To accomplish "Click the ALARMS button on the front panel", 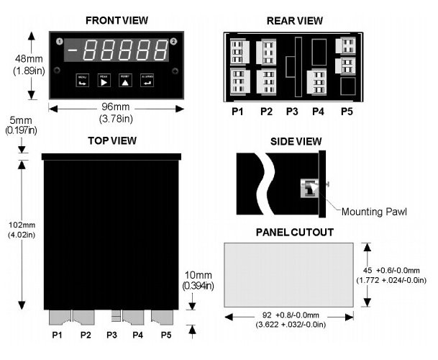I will coord(148,81).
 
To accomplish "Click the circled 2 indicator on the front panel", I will coord(174,40).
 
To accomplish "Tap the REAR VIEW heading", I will coord(296,20).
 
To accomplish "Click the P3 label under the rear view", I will coord(292,112).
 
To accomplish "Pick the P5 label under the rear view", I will coord(347,112).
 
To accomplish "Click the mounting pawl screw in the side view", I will coord(311,189).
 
